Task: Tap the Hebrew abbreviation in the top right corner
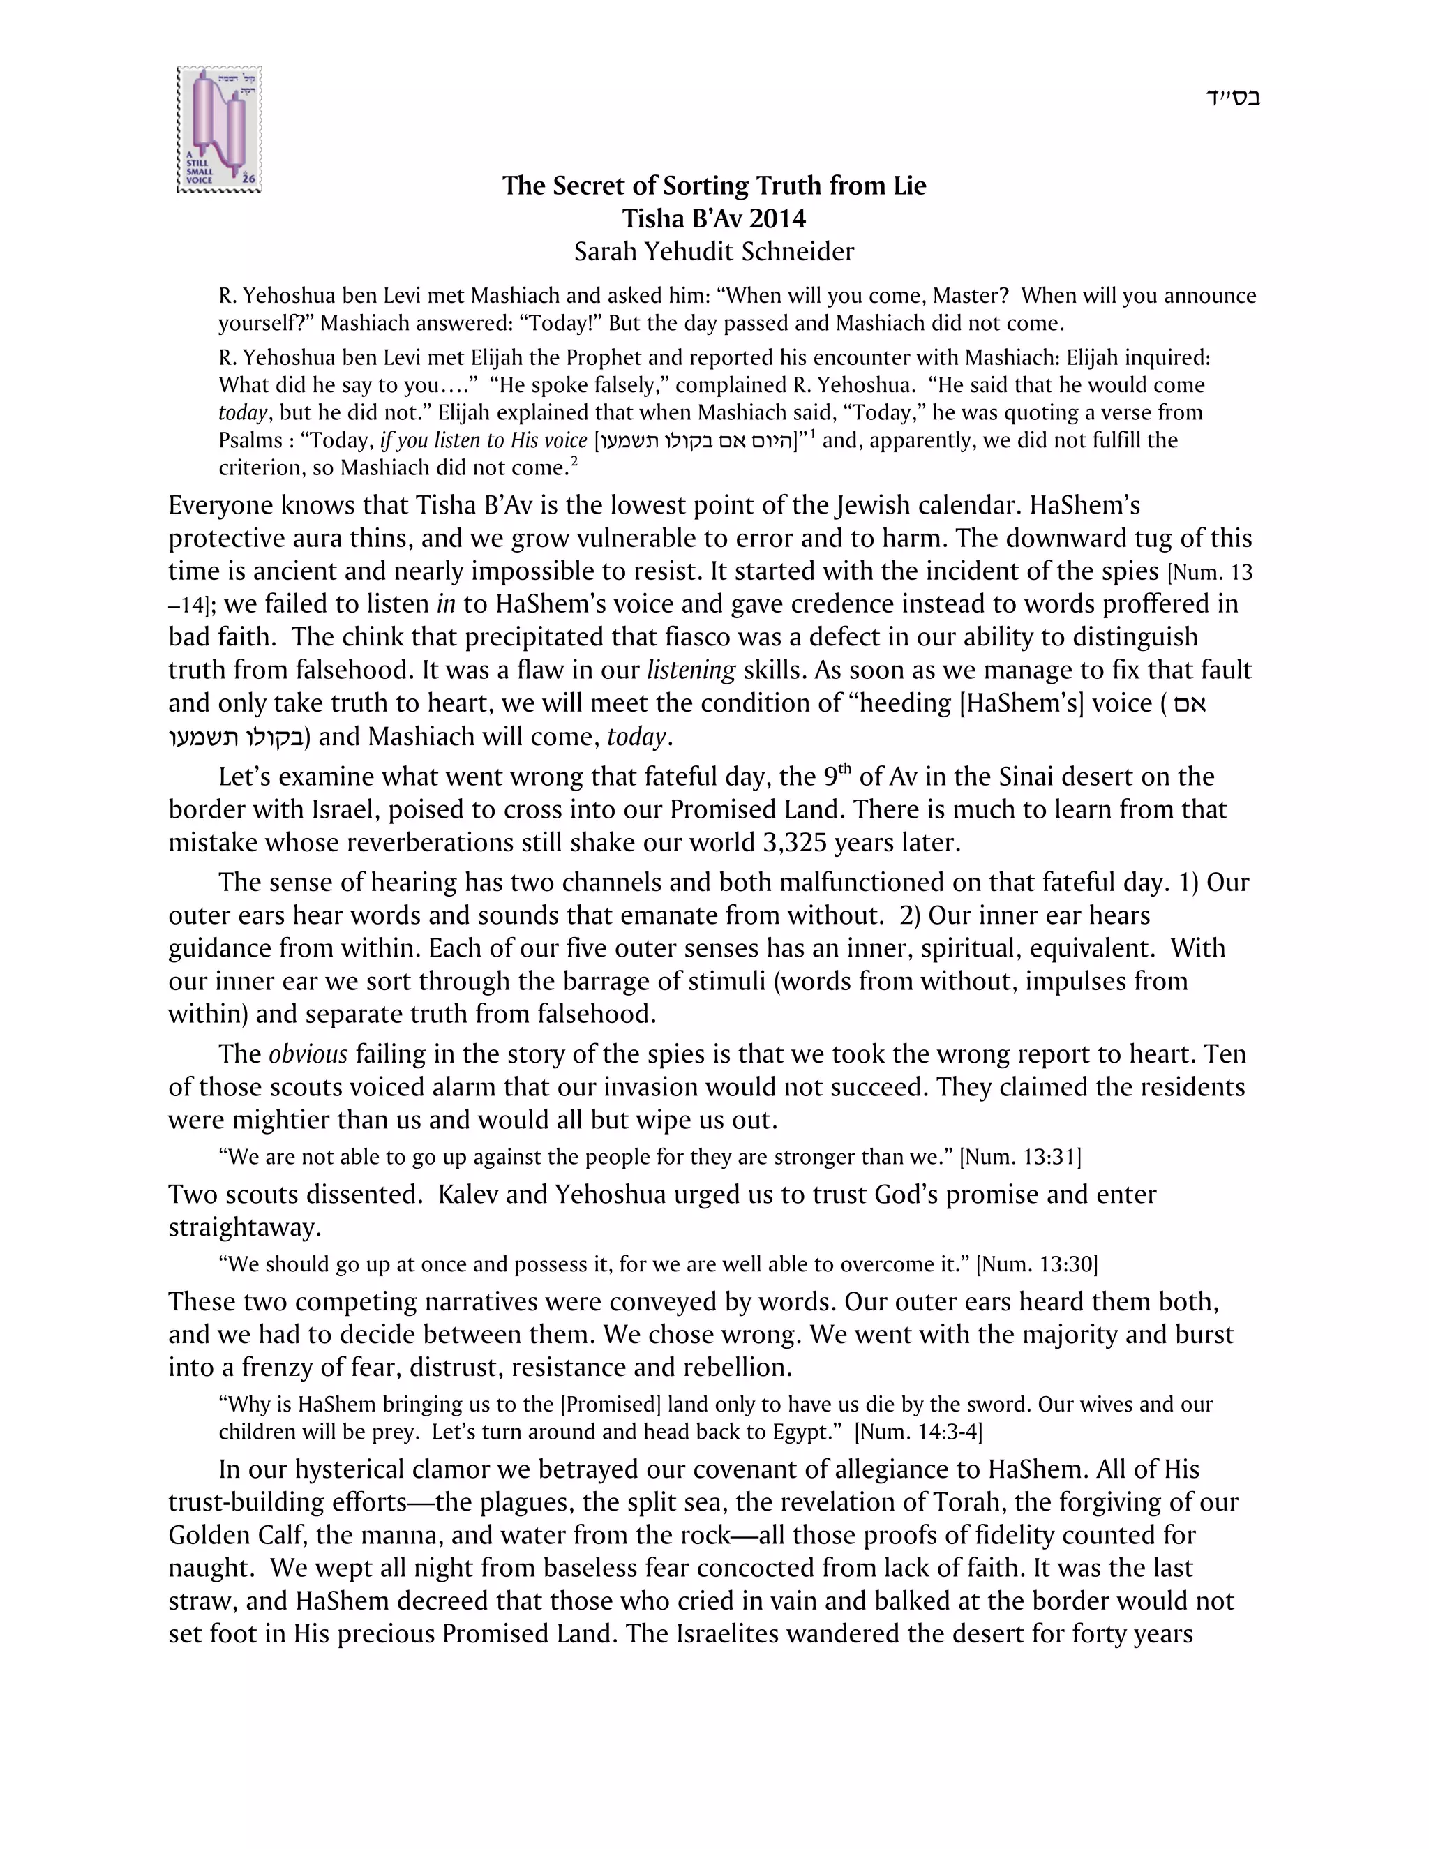pos(1233,98)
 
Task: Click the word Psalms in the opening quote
pos(250,440)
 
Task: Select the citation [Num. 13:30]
pos(1036,1264)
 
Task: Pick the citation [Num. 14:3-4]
pos(918,1432)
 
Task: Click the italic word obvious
pos(308,1054)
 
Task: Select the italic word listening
pos(691,670)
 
